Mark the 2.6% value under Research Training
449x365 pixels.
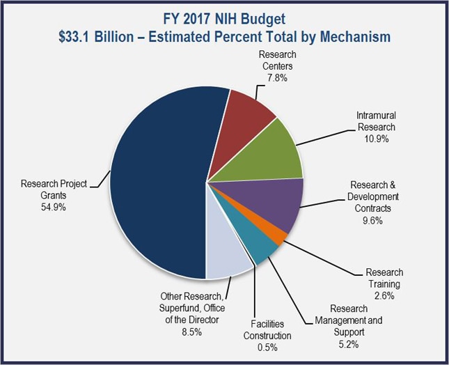click(x=384, y=295)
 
